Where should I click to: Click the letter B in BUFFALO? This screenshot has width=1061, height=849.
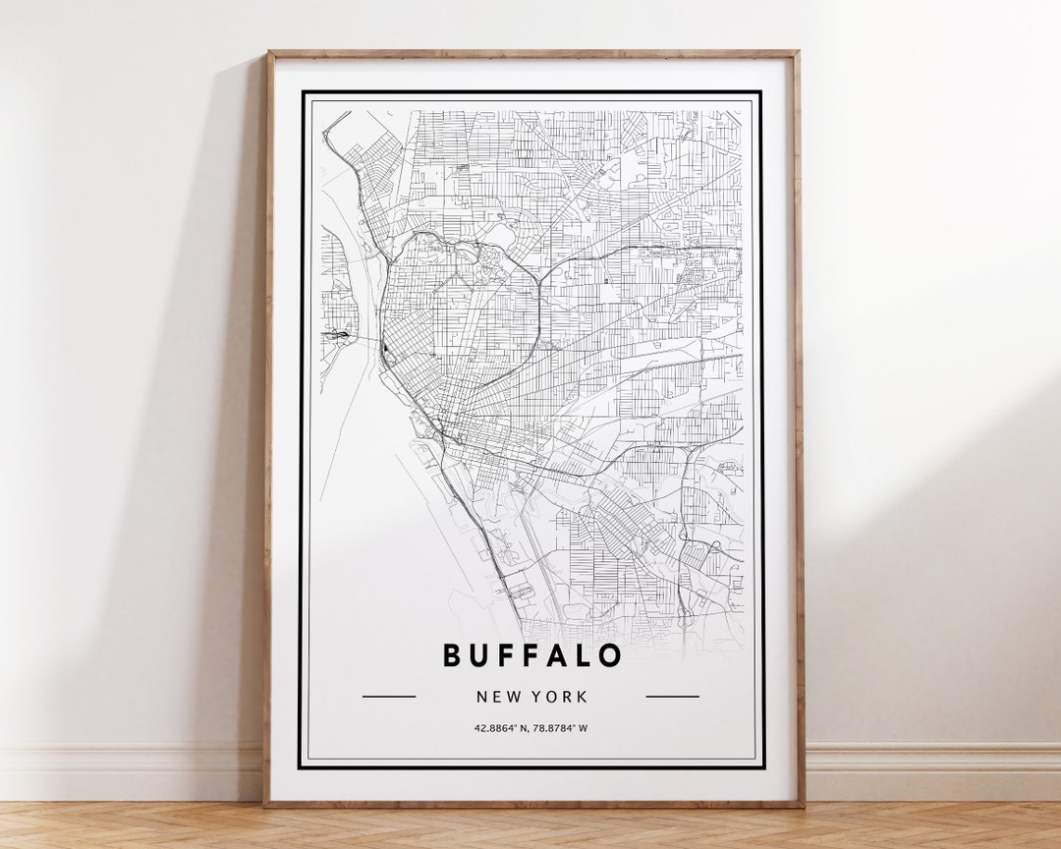452,655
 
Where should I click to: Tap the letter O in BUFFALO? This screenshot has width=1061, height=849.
609,655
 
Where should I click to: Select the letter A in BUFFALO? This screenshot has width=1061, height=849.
551,655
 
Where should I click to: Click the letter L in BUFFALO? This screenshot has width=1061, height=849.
581,655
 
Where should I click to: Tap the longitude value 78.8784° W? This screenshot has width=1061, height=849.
562,728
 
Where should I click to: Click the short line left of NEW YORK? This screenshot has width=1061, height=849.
389,697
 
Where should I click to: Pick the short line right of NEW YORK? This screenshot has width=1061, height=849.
672,697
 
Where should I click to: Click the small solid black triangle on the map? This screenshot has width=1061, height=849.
387,349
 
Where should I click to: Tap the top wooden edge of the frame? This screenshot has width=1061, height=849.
531,53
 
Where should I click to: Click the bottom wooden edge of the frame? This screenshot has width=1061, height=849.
531,804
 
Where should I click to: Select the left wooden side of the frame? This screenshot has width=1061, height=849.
268,432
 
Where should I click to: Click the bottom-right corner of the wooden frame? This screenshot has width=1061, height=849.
801,804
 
